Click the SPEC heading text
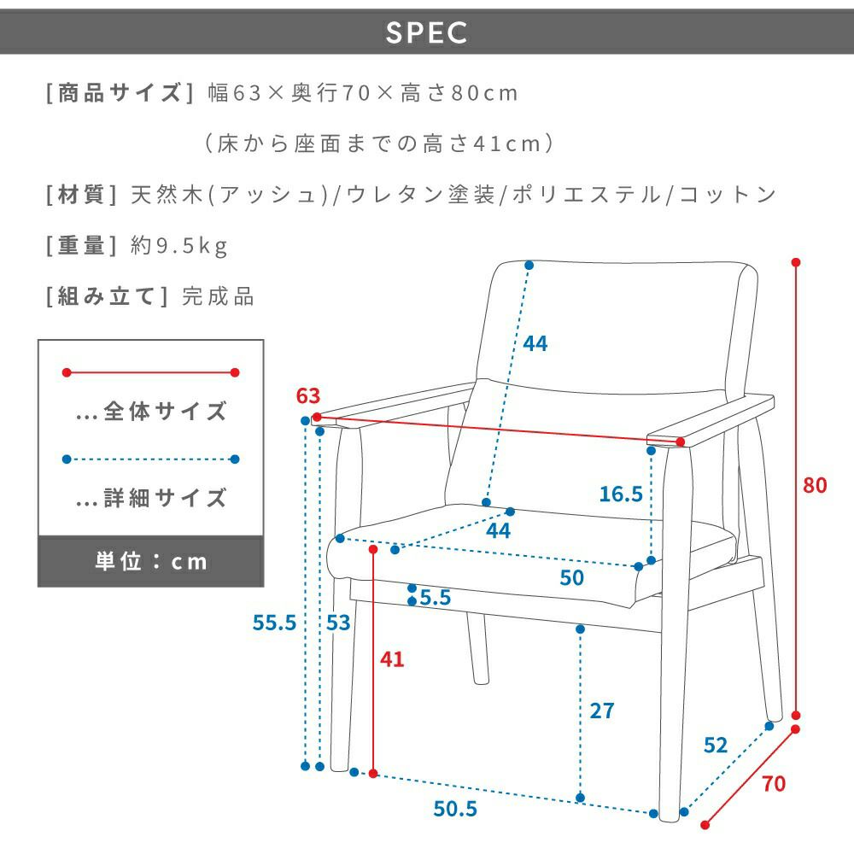pos(426,32)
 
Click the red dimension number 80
pos(816,485)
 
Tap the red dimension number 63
pos(308,396)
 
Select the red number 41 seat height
pos(392,659)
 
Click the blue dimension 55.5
pos(274,623)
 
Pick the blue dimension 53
pos(338,623)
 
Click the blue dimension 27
pos(602,711)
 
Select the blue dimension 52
pos(715,745)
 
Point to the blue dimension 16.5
pos(620,494)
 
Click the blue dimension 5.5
pos(436,598)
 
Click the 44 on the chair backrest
pos(535,343)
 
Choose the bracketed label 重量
pos(81,247)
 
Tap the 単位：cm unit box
pos(150,561)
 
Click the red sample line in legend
pos(150,372)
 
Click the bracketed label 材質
pos(81,195)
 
